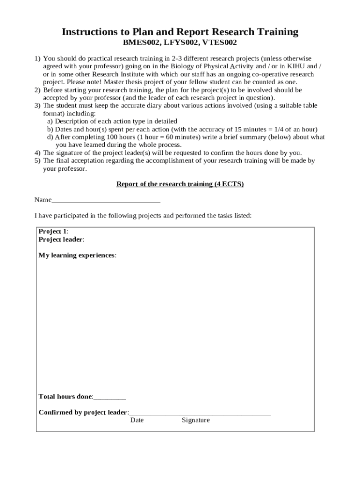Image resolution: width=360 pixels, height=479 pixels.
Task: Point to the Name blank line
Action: (x=106, y=200)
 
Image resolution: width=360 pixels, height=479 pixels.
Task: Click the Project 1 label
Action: (x=53, y=232)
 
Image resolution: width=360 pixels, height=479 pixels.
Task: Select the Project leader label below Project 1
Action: (x=61, y=239)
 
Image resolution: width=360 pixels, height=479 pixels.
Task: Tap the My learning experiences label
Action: (x=77, y=255)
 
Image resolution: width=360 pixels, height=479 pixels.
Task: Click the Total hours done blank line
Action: (x=110, y=397)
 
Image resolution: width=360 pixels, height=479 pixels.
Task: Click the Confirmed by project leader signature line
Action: (x=200, y=413)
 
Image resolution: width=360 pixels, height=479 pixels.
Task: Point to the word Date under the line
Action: (x=137, y=420)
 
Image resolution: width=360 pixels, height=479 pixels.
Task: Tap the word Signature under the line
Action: (x=195, y=420)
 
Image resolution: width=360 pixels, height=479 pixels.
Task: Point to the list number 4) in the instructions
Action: (x=37, y=153)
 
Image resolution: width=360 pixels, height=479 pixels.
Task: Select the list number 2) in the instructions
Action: (x=37, y=90)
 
